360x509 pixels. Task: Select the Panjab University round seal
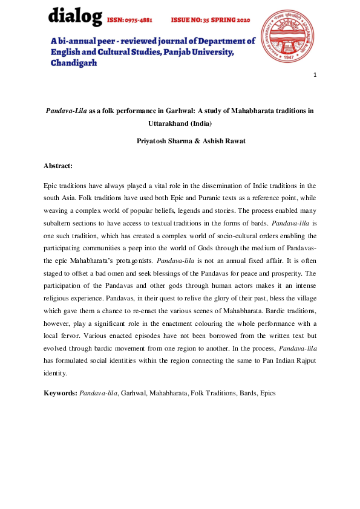pos(287,37)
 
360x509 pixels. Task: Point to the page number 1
pos(315,75)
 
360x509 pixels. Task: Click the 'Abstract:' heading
pos(58,165)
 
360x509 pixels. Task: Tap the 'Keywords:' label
pos(61,393)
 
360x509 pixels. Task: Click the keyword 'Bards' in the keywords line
pos(245,393)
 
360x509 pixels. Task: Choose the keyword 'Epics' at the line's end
pos(267,393)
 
